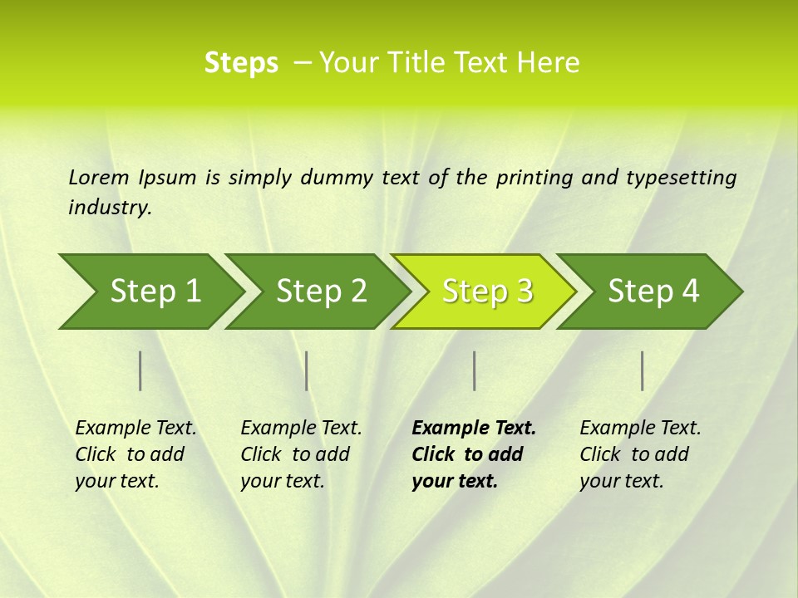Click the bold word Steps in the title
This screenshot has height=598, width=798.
(241, 62)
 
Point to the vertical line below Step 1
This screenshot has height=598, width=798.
(140, 370)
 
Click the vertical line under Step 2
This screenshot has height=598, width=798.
(307, 370)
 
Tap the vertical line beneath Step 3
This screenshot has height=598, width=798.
(474, 370)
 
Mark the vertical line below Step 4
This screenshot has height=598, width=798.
(643, 370)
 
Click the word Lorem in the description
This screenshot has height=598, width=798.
(98, 178)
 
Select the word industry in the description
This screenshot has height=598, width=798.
(109, 208)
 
